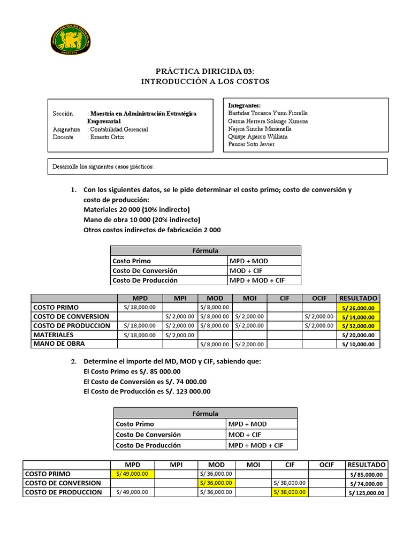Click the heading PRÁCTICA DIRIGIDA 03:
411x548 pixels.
point(205,71)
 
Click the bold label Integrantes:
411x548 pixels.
point(244,105)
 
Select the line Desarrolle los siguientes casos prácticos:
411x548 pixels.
point(103,166)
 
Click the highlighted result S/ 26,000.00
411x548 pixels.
point(358,308)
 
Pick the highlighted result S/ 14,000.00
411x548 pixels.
point(358,317)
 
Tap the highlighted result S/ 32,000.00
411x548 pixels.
point(358,326)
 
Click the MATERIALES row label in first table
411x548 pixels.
point(54,334)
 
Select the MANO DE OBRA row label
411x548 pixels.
point(59,344)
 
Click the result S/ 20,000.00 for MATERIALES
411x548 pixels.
point(358,335)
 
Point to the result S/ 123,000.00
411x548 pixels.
point(366,493)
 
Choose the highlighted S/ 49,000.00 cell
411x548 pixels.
point(132,474)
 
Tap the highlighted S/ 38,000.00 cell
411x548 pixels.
point(289,492)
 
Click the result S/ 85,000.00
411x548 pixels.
point(366,474)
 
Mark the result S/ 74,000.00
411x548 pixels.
point(366,483)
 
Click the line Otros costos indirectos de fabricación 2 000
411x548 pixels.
point(152,230)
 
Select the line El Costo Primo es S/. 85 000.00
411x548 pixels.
point(132,371)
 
